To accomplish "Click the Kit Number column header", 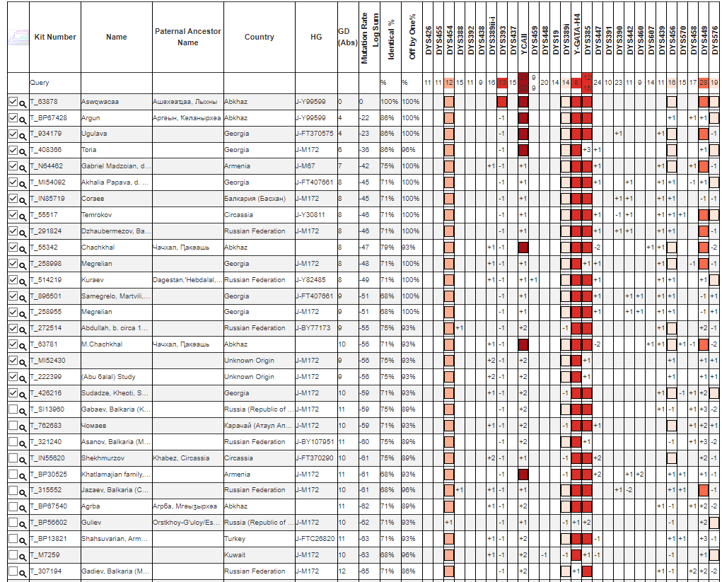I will (55, 37).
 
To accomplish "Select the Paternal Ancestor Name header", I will (187, 37).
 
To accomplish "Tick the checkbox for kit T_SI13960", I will (13, 409).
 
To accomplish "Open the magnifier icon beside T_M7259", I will (23, 556).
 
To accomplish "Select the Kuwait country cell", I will (235, 555).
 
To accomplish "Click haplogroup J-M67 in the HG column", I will (306, 166).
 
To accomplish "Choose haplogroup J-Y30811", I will (310, 215).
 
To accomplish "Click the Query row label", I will (40, 83).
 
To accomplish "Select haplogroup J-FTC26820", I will (315, 539).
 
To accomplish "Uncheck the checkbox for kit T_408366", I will (13, 150).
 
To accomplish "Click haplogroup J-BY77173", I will (313, 328).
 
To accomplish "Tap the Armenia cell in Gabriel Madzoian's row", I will (237, 166).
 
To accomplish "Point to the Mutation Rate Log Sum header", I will (369, 37).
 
